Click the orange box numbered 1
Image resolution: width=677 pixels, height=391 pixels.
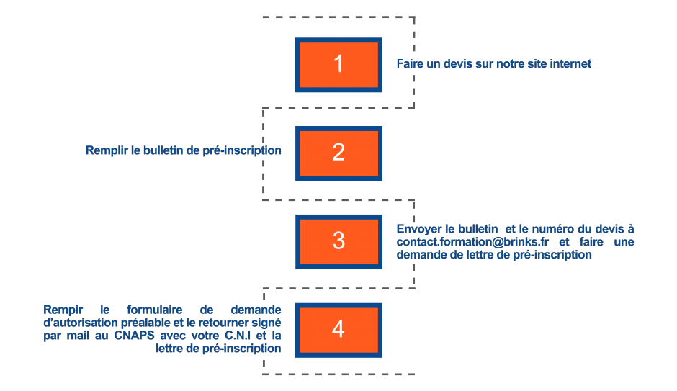click(x=338, y=64)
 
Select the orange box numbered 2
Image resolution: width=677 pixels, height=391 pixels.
click(x=338, y=153)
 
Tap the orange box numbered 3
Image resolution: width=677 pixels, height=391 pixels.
click(x=338, y=241)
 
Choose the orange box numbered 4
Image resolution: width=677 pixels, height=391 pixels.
click(x=338, y=329)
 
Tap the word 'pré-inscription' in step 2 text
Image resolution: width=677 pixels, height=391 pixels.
click(x=245, y=150)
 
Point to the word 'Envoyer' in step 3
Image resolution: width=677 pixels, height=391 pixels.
click(x=417, y=228)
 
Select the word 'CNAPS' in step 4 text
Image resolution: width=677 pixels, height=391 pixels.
click(x=135, y=336)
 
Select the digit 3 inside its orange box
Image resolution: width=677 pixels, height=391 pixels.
click(x=338, y=241)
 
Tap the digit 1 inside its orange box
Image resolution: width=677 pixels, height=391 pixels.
click(x=338, y=64)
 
